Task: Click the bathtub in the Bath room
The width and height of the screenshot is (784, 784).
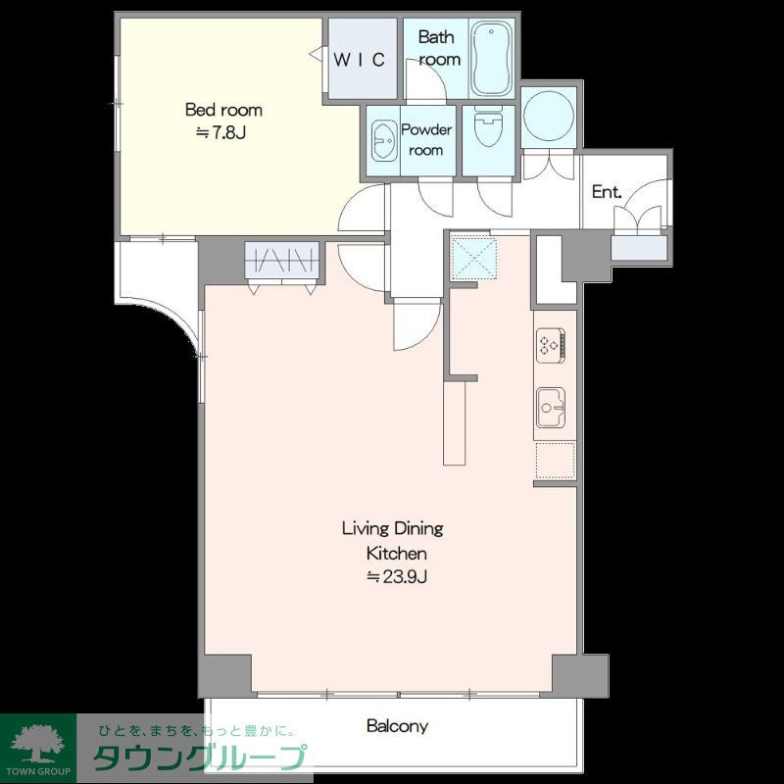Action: (x=492, y=59)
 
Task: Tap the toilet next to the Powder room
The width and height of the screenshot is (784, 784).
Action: (x=488, y=128)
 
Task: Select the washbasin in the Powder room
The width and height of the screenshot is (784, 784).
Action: (x=383, y=141)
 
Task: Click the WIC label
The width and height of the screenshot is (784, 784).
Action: (x=359, y=60)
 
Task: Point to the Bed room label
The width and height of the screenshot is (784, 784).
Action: (x=223, y=110)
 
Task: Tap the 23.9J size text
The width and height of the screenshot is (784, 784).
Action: (x=398, y=577)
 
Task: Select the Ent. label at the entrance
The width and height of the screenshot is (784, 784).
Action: (x=607, y=191)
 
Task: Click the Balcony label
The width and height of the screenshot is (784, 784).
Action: (x=397, y=726)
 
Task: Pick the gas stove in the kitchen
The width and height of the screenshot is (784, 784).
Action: (x=551, y=345)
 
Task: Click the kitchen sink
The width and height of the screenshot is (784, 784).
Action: (x=551, y=408)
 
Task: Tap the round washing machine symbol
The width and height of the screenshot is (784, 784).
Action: (x=549, y=116)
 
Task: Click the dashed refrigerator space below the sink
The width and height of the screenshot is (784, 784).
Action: (x=555, y=461)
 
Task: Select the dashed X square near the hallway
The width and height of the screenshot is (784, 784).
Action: (x=473, y=258)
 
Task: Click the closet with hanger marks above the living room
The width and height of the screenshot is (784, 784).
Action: (x=282, y=260)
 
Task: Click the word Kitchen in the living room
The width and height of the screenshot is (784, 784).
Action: (x=396, y=554)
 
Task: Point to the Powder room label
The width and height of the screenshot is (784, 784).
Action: (x=426, y=140)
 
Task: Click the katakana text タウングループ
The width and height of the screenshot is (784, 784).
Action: (x=199, y=758)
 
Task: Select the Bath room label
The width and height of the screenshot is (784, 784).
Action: (x=438, y=48)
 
